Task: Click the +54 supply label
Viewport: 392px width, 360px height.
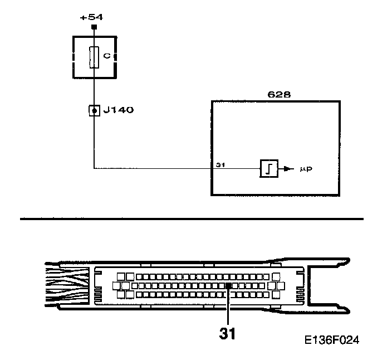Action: click(91, 17)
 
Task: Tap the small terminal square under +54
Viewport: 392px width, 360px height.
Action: click(94, 27)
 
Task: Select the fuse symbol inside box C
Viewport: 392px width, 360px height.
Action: click(94, 57)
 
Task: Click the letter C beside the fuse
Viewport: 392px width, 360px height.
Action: click(106, 56)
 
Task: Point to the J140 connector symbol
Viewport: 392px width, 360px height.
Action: click(94, 110)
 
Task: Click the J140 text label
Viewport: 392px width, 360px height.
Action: click(119, 110)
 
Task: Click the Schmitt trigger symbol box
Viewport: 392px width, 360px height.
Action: click(268, 168)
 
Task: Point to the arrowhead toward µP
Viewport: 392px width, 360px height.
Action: click(288, 168)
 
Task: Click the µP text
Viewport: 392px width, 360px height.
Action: click(305, 168)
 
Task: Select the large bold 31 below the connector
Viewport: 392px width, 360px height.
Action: click(228, 334)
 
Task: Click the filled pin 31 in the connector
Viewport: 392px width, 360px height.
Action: click(228, 286)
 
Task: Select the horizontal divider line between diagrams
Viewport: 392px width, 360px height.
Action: click(192, 219)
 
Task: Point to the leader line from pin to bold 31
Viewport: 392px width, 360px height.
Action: click(228, 307)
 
